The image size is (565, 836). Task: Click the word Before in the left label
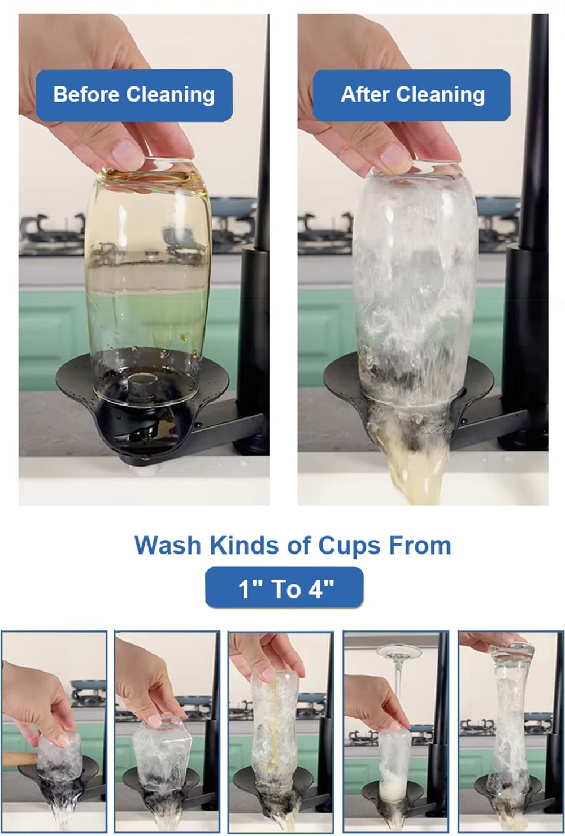[86, 94]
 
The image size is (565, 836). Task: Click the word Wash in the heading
[168, 546]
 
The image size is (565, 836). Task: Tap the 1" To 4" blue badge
[284, 588]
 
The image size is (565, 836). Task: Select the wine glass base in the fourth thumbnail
[399, 652]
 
